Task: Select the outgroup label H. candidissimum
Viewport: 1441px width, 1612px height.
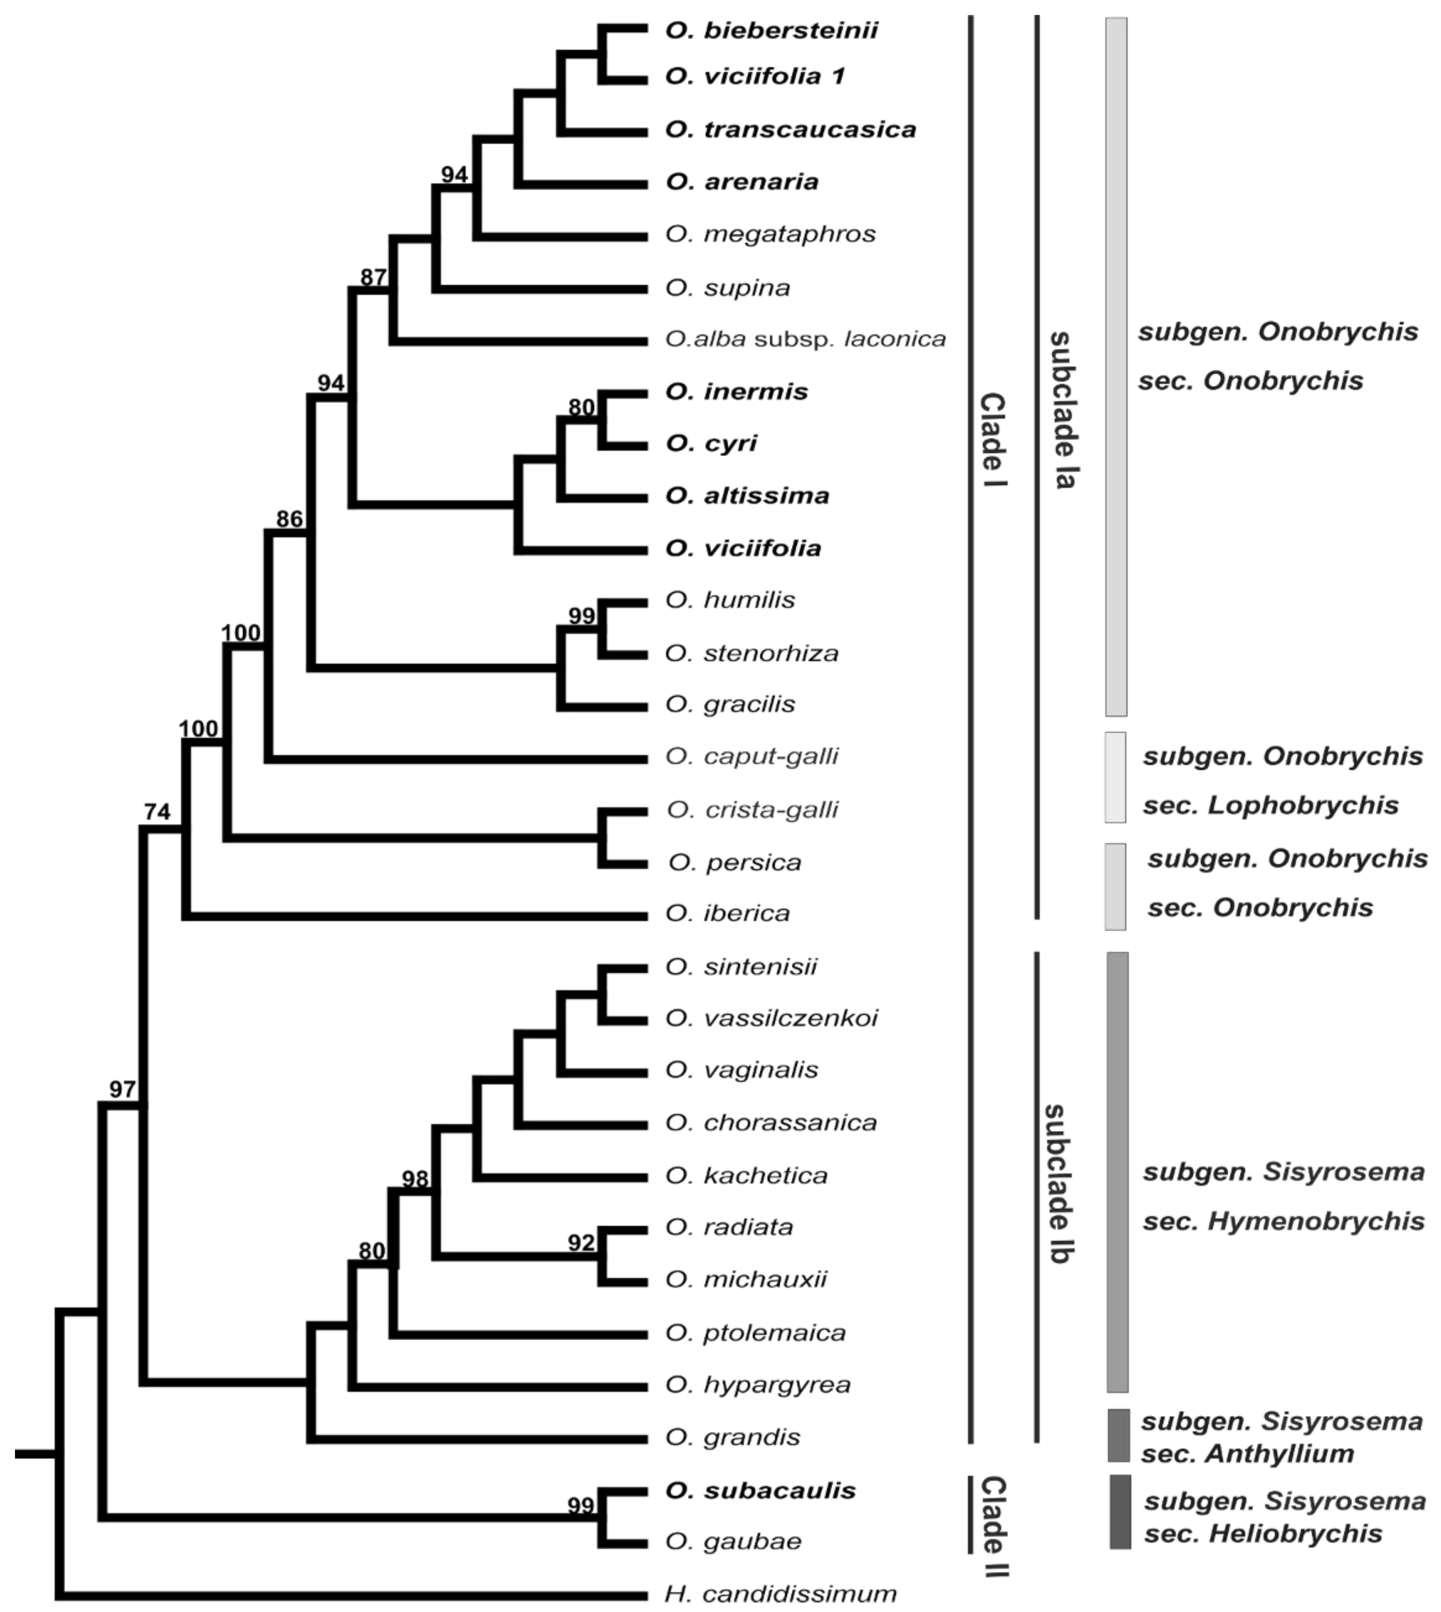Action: tap(780, 1593)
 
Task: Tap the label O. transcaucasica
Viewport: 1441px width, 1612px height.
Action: tap(790, 129)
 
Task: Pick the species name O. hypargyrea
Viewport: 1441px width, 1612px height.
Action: tap(758, 1385)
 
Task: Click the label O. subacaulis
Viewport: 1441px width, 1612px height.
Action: tap(760, 1491)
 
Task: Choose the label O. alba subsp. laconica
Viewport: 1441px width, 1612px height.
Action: tap(805, 339)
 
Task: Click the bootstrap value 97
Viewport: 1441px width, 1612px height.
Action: tap(122, 1090)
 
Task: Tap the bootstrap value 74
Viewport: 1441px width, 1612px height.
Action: tap(157, 811)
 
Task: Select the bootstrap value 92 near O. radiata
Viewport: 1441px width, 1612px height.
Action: tap(581, 1242)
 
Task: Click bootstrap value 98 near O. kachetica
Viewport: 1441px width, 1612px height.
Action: tap(415, 1179)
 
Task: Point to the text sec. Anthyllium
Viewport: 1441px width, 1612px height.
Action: tap(1247, 1454)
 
